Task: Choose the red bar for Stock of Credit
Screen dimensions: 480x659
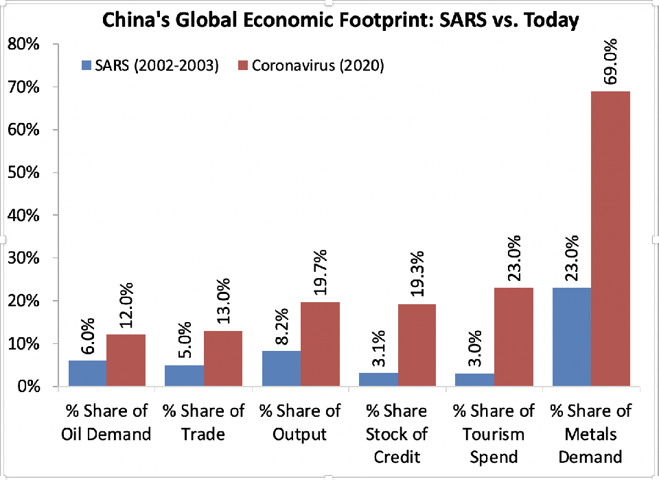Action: point(417,345)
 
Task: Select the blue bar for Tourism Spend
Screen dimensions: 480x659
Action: point(475,380)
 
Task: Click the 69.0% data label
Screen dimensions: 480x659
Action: point(611,62)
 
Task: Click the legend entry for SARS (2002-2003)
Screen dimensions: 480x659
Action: point(150,66)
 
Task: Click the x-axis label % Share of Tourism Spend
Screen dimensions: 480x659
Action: point(493,434)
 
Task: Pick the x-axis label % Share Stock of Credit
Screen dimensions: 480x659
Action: point(396,434)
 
